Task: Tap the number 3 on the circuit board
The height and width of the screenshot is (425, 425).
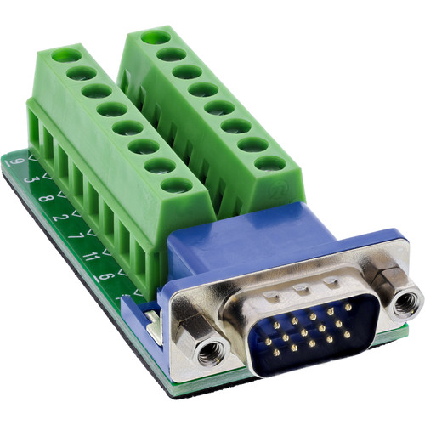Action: pos(29,179)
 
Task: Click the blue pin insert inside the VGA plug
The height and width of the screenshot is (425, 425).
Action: pos(314,331)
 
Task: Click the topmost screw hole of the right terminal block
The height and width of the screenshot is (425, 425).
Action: pos(154,37)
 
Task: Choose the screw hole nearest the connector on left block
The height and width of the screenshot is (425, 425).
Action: pos(175,184)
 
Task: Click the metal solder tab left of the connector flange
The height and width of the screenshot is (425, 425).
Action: pos(150,321)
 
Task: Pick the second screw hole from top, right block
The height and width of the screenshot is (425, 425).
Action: pos(172,54)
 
